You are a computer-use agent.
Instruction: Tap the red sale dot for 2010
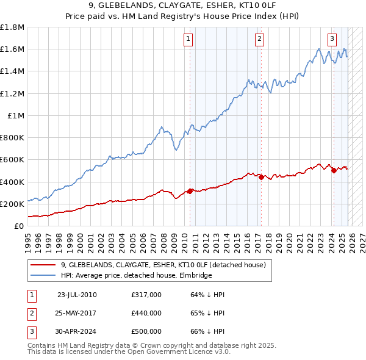[190, 191]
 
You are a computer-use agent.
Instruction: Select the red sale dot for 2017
[262, 178]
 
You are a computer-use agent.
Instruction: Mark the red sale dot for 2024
[334, 171]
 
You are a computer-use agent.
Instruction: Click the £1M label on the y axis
[16, 115]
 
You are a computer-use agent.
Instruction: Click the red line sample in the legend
[42, 265]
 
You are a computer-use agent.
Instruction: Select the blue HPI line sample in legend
[42, 276]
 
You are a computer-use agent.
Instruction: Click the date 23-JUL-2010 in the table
[77, 295]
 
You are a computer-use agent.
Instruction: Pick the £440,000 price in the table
[146, 313]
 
